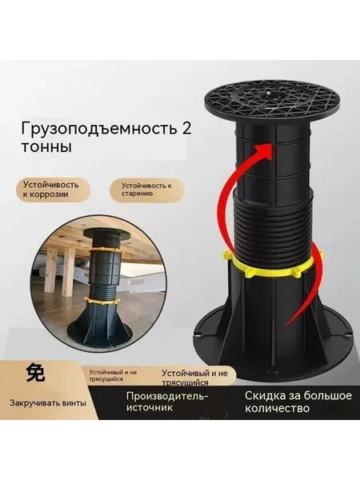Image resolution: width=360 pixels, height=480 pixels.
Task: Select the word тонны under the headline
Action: point(46,147)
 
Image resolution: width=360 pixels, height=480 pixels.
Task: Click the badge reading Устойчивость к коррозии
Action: point(53,190)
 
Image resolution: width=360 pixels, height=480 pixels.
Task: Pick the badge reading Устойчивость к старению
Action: point(147,190)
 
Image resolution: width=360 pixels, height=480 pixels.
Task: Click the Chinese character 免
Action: point(36,373)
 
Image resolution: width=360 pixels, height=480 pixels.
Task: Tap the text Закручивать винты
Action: point(48,403)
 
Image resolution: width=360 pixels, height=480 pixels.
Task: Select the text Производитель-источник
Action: point(167,402)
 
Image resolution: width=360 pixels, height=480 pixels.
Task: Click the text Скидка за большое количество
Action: point(298,402)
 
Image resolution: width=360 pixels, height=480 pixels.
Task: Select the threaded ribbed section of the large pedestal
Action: point(273,226)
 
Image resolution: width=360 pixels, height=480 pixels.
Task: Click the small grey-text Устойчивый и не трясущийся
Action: point(113,376)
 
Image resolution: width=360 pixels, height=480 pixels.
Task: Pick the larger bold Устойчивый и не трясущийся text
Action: point(194,378)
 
